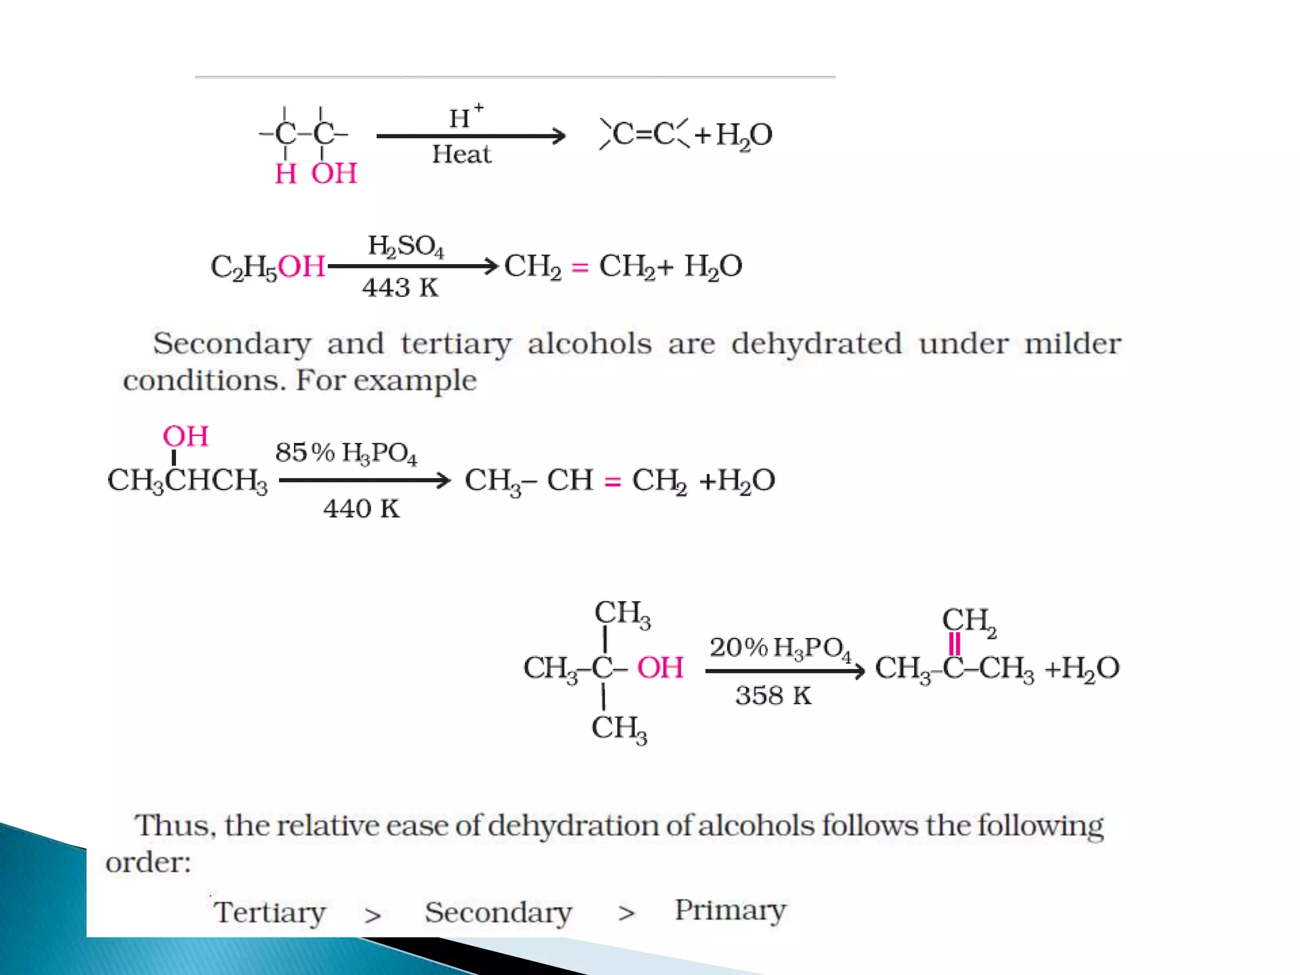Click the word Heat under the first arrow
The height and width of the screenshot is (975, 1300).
[461, 154]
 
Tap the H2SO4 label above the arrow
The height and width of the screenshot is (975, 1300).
[406, 246]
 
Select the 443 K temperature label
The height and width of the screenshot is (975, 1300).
[400, 288]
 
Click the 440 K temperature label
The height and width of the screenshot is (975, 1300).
[361, 508]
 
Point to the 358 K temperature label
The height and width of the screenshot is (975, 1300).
[773, 696]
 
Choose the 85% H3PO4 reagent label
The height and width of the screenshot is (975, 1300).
[346, 453]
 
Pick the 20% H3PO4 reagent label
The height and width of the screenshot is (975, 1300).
[780, 648]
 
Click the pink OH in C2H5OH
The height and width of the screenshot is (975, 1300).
[301, 266]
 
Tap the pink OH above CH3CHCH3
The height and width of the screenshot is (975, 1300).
[185, 436]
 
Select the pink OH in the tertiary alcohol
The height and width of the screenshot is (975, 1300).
[660, 668]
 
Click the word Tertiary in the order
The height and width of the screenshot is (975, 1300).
[270, 912]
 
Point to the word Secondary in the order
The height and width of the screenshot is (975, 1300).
[498, 912]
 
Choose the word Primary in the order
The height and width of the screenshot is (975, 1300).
[730, 910]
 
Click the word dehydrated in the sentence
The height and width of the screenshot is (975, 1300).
[816, 343]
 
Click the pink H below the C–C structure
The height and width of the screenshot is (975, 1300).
[286, 173]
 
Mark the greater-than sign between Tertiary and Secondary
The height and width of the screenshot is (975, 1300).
[373, 915]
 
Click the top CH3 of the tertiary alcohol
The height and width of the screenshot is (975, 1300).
[622, 614]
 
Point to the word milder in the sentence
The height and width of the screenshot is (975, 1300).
[1072, 343]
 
